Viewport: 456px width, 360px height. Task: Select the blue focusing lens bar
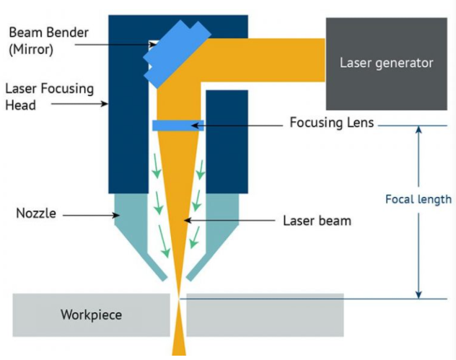point(177,126)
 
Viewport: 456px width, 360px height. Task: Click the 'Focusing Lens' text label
point(331,123)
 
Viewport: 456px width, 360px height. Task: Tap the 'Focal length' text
point(418,199)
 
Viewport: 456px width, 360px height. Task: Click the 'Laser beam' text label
point(317,220)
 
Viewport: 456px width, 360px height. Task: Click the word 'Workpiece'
point(91,315)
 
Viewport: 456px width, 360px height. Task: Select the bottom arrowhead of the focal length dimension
point(417,293)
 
